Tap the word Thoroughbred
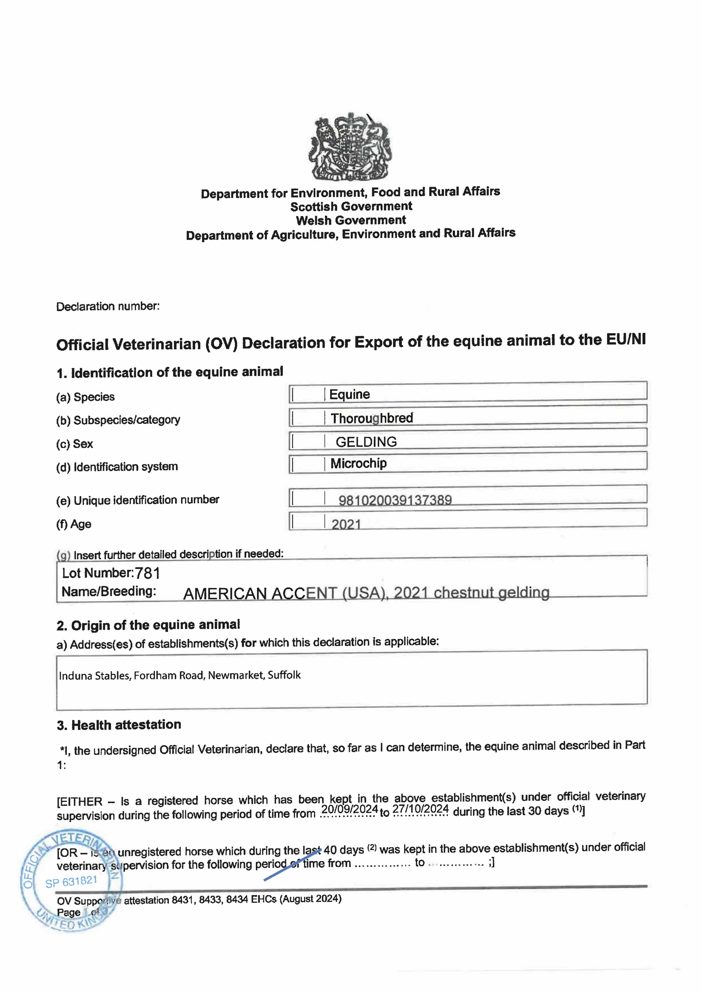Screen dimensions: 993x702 (x=372, y=418)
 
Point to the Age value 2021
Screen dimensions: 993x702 (x=346, y=524)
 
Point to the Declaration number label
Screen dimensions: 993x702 (x=108, y=306)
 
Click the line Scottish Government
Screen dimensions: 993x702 (x=351, y=206)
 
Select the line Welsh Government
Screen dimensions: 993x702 (x=351, y=220)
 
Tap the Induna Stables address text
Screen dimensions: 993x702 (x=180, y=675)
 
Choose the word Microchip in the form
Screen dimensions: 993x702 (x=359, y=463)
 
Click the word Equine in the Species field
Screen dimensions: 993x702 (x=350, y=394)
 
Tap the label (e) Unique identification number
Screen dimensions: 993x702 (x=138, y=500)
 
